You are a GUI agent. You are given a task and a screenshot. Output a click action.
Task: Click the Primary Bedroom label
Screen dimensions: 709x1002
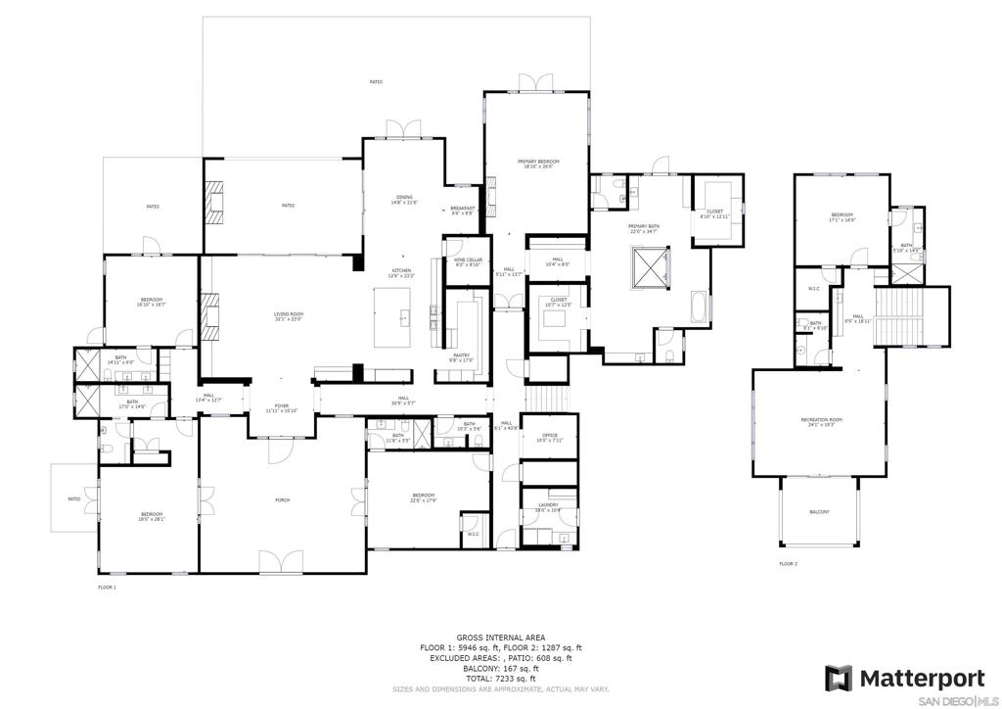pyautogui.click(x=538, y=163)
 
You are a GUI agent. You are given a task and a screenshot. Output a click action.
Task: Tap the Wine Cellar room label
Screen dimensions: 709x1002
pyautogui.click(x=467, y=261)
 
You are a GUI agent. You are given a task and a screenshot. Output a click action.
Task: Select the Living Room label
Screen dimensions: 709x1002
pyautogui.click(x=288, y=315)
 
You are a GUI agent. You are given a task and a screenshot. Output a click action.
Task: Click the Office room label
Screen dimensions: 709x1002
pyautogui.click(x=548, y=437)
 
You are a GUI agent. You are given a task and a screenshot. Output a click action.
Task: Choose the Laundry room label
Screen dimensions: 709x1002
pyautogui.click(x=548, y=507)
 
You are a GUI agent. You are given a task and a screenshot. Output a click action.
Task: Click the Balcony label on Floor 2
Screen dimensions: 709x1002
pyautogui.click(x=819, y=512)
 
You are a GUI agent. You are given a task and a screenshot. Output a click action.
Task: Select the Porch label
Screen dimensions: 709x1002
pyautogui.click(x=283, y=500)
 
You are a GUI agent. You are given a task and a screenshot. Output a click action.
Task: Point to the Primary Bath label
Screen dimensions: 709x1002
pyautogui.click(x=644, y=228)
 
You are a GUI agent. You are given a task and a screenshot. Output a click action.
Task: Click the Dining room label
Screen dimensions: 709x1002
pyautogui.click(x=405, y=200)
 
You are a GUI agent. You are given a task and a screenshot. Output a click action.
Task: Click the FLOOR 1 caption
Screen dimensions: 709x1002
pyautogui.click(x=107, y=587)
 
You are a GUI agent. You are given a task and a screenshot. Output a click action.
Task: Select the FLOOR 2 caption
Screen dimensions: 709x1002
pyautogui.click(x=789, y=564)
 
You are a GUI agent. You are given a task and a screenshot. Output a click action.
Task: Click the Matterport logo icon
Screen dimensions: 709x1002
pyautogui.click(x=839, y=679)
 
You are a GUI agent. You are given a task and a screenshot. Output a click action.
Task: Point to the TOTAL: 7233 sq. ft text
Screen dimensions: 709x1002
pyautogui.click(x=500, y=679)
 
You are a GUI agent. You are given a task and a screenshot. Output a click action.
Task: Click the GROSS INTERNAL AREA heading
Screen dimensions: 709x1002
pyautogui.click(x=500, y=638)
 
